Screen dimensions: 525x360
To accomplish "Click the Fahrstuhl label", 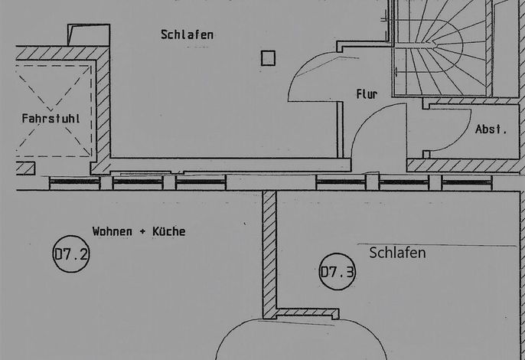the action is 51,118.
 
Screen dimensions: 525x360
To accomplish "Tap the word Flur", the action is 367,94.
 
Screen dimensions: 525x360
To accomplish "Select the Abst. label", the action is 491,129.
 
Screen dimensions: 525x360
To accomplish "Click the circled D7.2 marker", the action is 71,254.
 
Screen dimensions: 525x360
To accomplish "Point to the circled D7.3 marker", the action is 337,271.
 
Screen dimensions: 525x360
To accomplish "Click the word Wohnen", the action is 112,231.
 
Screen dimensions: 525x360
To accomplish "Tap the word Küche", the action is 168,231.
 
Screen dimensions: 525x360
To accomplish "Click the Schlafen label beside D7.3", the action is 397,253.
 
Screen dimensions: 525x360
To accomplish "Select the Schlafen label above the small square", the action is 187,35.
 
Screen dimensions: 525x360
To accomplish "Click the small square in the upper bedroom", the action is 268,58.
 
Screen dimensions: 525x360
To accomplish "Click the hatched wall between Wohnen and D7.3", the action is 269,255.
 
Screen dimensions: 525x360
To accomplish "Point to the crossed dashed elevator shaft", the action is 54,110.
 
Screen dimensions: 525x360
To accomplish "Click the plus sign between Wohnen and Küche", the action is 142,231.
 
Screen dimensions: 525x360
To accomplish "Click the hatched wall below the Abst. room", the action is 465,165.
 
